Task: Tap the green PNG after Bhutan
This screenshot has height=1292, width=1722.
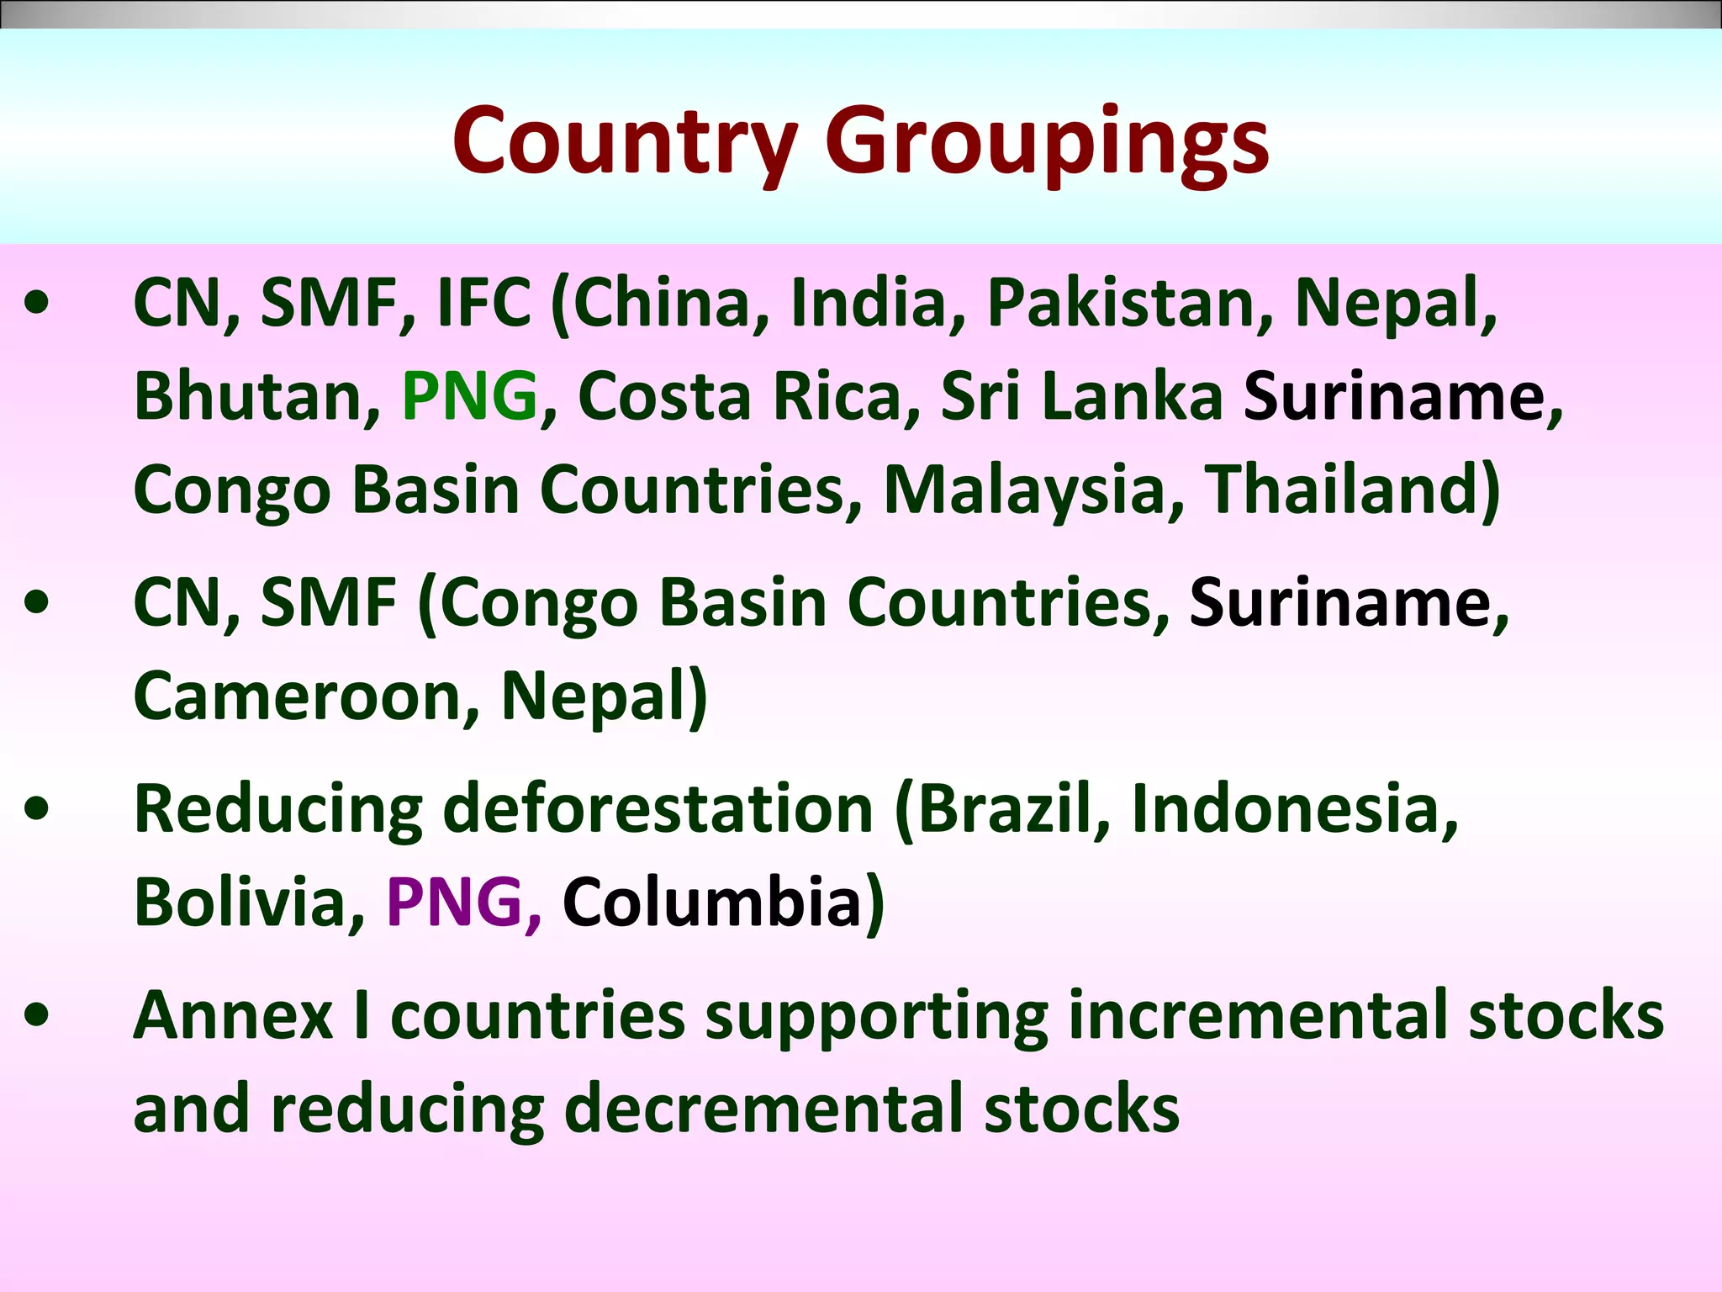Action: point(469,395)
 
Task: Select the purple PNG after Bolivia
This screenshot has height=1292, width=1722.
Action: point(454,902)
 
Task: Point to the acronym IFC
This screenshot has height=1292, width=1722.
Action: point(483,302)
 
